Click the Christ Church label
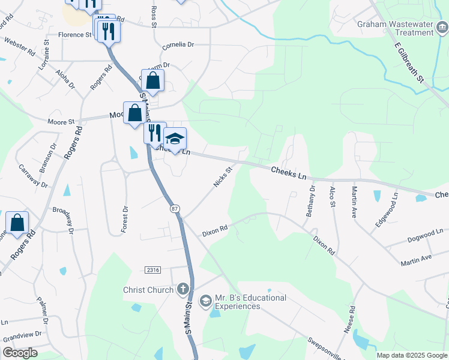(148, 290)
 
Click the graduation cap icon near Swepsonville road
(205, 299)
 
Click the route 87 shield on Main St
(175, 208)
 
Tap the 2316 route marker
(153, 271)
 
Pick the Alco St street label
(332, 197)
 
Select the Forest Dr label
(125, 217)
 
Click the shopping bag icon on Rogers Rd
(17, 222)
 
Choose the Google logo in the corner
(20, 353)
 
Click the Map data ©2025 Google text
(411, 355)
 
